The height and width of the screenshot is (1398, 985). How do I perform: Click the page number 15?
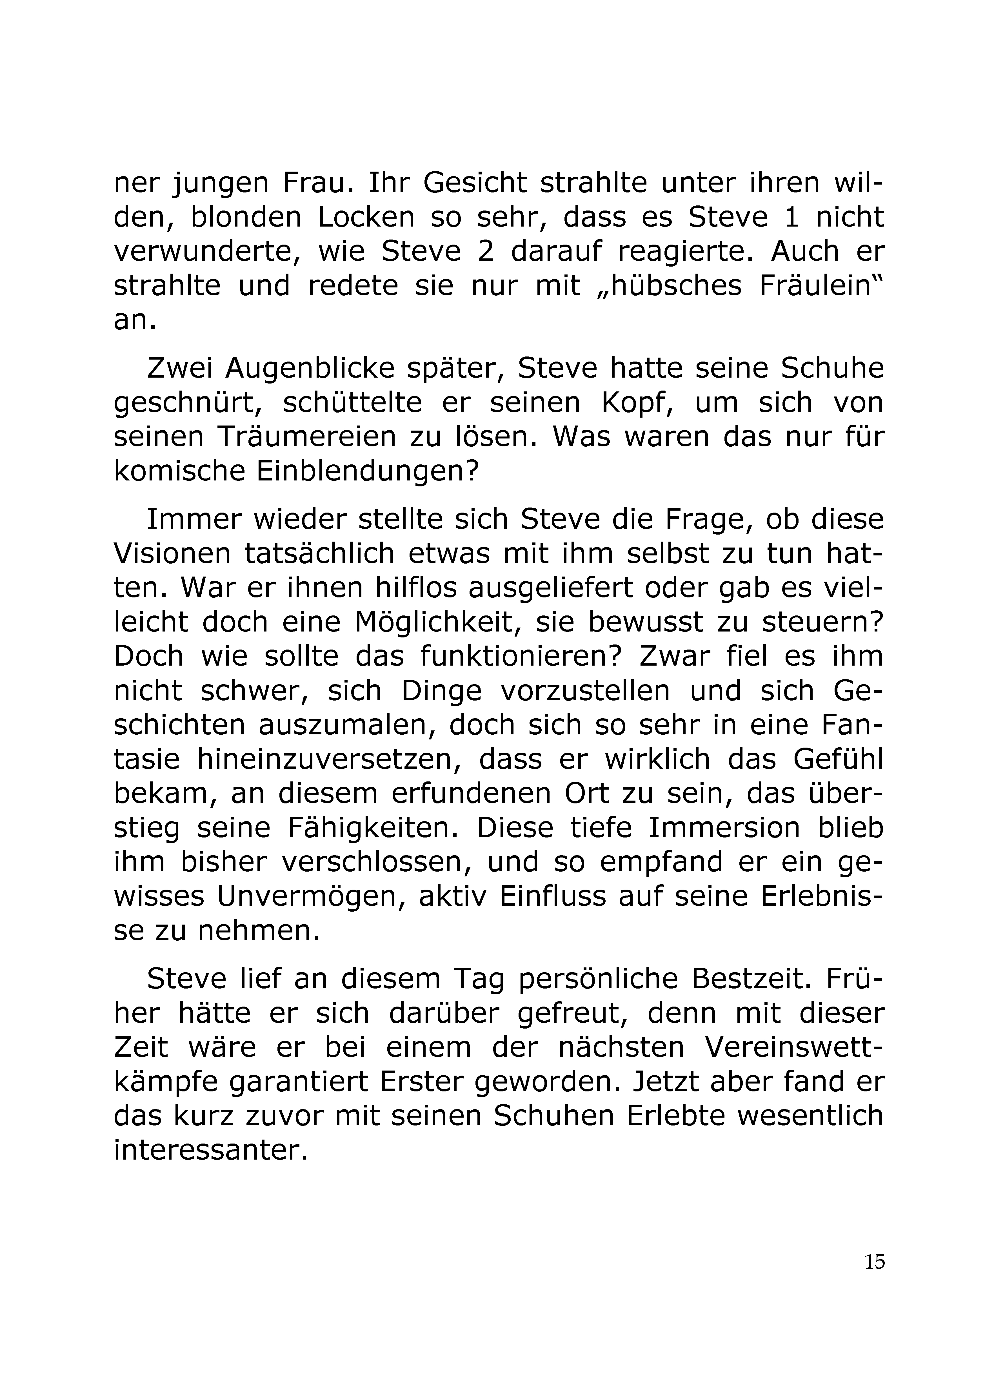pos(874,1262)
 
